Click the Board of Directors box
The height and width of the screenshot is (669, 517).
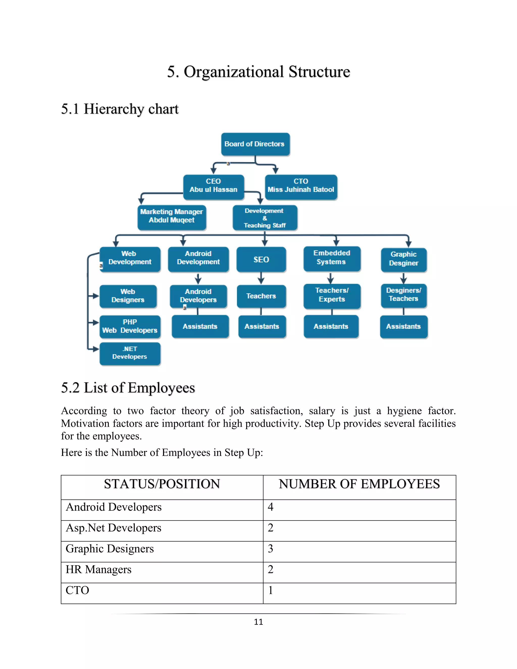pyautogui.click(x=255, y=144)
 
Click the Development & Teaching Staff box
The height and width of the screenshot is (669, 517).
pyautogui.click(x=265, y=218)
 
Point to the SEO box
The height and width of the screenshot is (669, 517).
pyautogui.click(x=261, y=260)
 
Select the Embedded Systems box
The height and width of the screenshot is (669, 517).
pyautogui.click(x=332, y=258)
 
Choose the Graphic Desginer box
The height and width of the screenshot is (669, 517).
pyautogui.click(x=403, y=260)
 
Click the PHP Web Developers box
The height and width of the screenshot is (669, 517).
pyautogui.click(x=130, y=326)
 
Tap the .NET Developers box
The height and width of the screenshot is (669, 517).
pyautogui.click(x=130, y=353)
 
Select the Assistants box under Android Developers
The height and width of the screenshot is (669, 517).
pyautogui.click(x=200, y=326)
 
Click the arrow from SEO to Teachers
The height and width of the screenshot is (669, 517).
pyautogui.click(x=261, y=278)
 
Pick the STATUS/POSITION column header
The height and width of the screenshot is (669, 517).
pyautogui.click(x=162, y=484)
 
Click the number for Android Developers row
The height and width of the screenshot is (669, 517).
pyautogui.click(x=270, y=507)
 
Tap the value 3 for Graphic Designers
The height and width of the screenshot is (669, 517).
pyautogui.click(x=270, y=549)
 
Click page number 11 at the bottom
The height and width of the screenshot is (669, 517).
pyautogui.click(x=258, y=622)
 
